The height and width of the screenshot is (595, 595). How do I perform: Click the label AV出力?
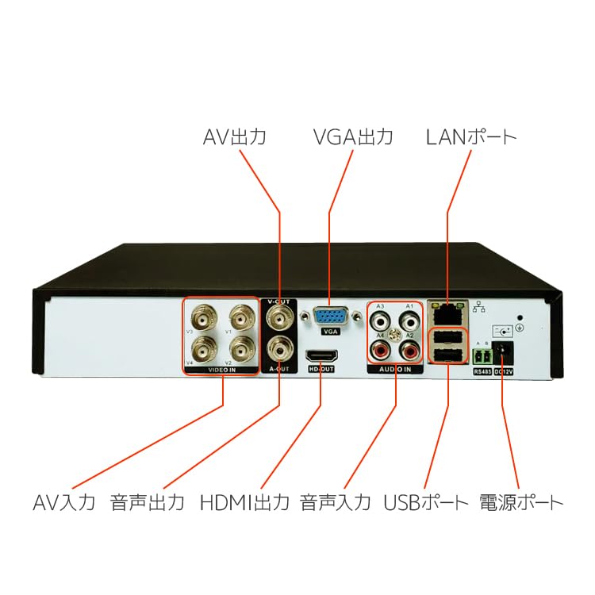pyautogui.click(x=234, y=137)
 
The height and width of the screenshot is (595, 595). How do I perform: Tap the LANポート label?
pyautogui.click(x=471, y=137)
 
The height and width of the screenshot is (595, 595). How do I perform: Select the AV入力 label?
pyautogui.click(x=64, y=502)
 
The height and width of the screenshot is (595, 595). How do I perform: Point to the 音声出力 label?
pyautogui.click(x=148, y=502)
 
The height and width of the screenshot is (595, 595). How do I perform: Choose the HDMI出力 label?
pyautogui.click(x=244, y=502)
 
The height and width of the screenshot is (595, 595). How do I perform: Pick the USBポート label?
pyautogui.click(x=427, y=502)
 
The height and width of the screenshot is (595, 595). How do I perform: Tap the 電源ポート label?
pyautogui.click(x=522, y=502)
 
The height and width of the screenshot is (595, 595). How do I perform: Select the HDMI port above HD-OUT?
pyautogui.click(x=320, y=358)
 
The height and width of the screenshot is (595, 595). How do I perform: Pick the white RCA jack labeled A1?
pyautogui.click(x=409, y=321)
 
